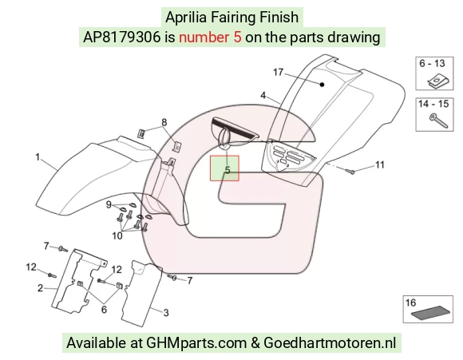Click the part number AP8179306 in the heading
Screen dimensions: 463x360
(121, 38)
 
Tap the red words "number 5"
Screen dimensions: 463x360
(210, 38)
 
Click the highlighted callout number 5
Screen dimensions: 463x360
(227, 170)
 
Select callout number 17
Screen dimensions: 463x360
(278, 72)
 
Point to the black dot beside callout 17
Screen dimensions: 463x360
(323, 85)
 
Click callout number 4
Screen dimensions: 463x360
(263, 95)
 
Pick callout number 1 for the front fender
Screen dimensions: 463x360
(38, 157)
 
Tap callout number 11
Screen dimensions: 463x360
(380, 164)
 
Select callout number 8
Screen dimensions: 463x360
(164, 122)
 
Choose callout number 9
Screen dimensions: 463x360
(109, 204)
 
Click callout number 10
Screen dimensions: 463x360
(117, 235)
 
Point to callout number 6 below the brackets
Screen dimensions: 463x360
(104, 309)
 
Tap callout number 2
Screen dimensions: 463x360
(40, 288)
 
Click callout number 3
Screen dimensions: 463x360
(166, 312)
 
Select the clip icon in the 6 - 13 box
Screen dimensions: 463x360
(439, 81)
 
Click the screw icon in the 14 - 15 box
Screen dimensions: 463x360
(438, 121)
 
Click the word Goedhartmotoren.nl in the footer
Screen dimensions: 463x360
(330, 343)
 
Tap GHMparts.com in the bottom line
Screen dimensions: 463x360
(196, 343)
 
